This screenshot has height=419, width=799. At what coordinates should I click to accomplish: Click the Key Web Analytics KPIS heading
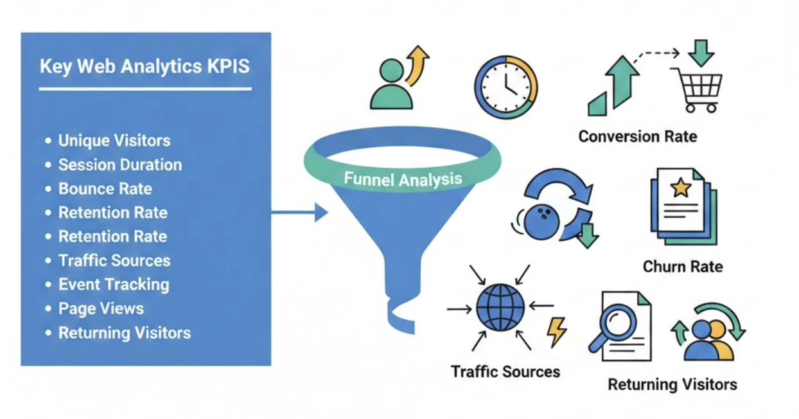(145, 67)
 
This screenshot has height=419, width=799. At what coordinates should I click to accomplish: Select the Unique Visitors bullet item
(114, 141)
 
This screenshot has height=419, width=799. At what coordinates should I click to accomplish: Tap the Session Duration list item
(120, 165)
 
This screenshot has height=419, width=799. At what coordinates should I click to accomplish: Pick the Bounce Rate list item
(105, 189)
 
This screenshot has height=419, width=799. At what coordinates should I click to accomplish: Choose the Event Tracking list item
(114, 285)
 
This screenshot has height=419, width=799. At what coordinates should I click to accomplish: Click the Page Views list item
(101, 308)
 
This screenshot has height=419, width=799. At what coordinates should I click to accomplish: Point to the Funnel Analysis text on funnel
(403, 178)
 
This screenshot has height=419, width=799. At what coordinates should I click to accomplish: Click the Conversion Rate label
(637, 137)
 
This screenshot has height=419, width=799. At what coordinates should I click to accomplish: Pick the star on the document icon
(680, 189)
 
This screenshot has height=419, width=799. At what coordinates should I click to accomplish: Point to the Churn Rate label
(682, 266)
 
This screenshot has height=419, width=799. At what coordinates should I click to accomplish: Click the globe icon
(500, 308)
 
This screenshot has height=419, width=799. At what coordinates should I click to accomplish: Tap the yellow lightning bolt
(556, 332)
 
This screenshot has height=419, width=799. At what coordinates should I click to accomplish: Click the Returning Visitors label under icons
(672, 385)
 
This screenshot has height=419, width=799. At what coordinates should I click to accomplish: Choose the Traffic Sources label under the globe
(505, 371)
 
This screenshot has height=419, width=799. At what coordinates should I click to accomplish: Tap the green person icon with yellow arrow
(393, 84)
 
